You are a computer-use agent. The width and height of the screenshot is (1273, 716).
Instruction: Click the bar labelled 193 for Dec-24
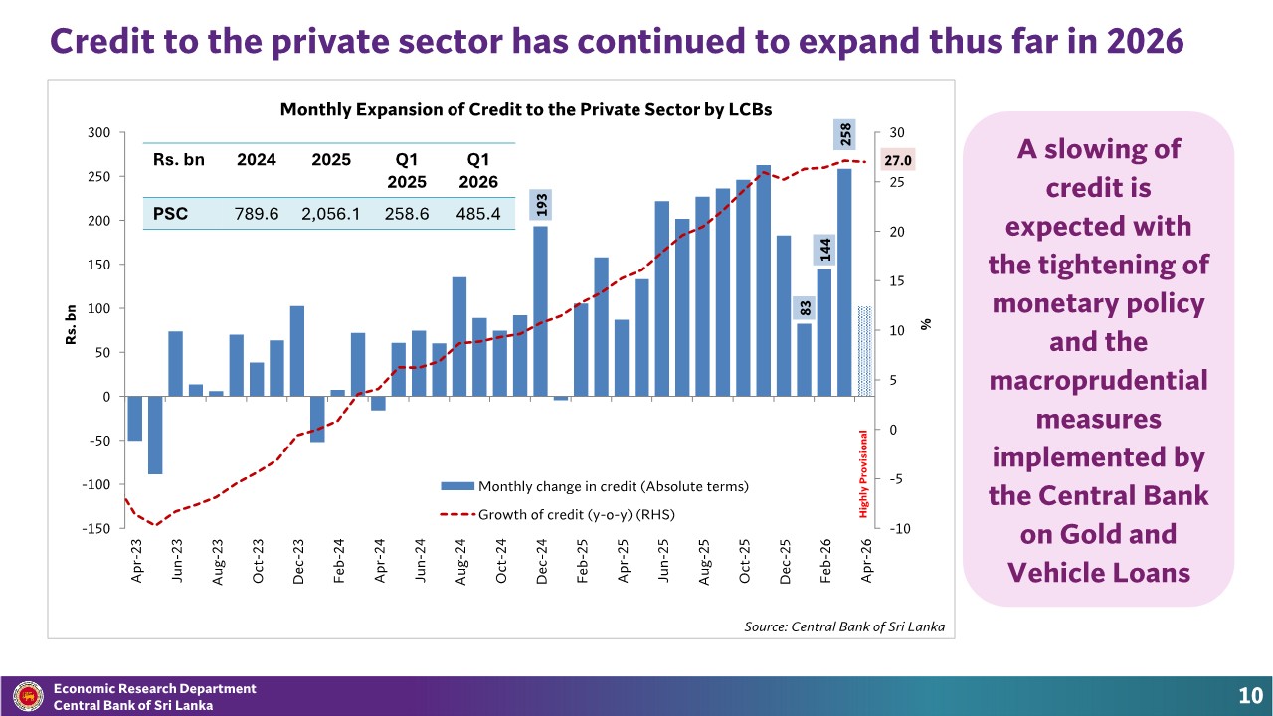tap(540, 311)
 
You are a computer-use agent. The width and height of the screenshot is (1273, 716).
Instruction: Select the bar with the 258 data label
tap(844, 282)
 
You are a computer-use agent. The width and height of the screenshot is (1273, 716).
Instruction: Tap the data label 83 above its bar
tap(805, 308)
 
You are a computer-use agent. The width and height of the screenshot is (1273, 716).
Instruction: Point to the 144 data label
tap(824, 250)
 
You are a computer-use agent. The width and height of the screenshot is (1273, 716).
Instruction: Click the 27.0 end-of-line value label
tap(898, 160)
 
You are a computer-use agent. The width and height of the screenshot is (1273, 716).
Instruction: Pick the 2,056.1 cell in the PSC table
tap(331, 214)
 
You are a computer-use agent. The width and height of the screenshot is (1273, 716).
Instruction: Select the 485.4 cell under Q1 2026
tap(478, 214)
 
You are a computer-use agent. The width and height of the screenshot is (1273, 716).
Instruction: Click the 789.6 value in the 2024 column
tap(257, 214)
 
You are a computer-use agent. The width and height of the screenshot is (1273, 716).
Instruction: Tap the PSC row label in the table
tap(170, 214)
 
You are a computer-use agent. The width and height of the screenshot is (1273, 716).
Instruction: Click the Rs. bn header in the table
tap(178, 160)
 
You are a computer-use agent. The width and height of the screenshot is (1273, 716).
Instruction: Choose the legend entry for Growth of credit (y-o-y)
tap(558, 515)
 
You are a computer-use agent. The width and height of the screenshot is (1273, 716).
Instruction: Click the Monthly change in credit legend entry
tap(595, 486)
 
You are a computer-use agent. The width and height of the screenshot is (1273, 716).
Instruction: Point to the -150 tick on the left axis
tap(96, 528)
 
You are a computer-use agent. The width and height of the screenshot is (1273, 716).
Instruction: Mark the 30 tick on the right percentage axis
tap(897, 133)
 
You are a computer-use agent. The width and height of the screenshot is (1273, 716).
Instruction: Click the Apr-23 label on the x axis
tap(136, 562)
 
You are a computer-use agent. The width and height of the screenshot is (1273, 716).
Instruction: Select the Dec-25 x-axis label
tap(785, 562)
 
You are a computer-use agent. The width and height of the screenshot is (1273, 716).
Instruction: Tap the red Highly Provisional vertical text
tap(863, 474)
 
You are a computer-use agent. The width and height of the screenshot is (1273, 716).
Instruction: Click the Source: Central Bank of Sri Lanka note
tap(844, 626)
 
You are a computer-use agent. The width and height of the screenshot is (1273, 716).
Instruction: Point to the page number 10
tap(1250, 696)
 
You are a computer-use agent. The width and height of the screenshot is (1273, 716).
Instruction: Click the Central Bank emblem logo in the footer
tap(28, 697)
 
